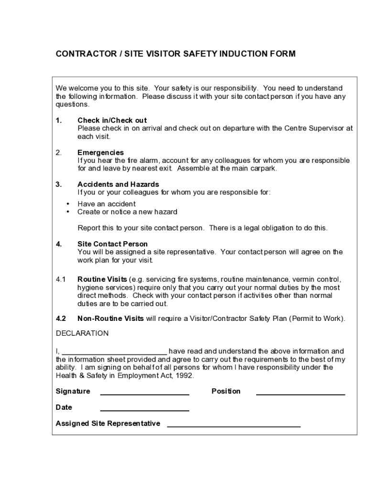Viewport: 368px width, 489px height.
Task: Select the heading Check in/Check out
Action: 112,120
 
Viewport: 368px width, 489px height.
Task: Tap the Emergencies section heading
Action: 100,153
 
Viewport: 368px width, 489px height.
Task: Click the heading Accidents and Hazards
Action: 118,184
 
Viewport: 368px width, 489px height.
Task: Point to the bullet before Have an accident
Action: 67,204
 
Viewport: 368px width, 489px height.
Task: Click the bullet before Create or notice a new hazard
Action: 67,212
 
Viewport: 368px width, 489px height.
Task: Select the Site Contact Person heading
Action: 112,244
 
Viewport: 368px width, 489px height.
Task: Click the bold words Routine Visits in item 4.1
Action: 102,279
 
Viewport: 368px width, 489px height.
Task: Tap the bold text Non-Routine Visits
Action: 110,319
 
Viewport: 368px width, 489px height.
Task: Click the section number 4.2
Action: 61,319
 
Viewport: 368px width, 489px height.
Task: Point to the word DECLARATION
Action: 82,333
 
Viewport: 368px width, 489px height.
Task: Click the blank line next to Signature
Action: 144,393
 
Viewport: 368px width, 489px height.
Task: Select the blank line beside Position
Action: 300,393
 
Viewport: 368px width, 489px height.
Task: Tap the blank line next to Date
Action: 144,410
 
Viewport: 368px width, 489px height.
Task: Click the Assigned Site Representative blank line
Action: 234,425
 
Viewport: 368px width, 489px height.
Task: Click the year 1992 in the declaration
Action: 185,375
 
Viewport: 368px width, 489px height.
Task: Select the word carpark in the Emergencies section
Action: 263,169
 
